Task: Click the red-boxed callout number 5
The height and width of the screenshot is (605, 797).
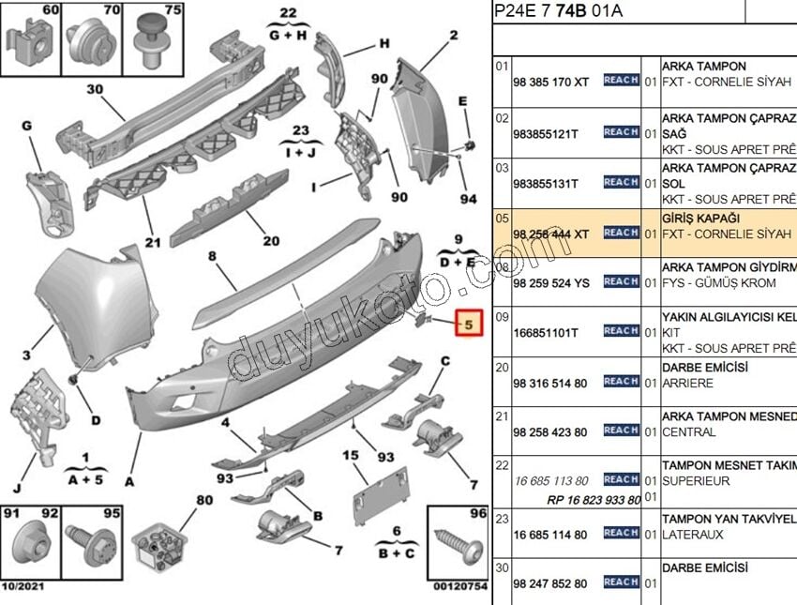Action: click(x=470, y=325)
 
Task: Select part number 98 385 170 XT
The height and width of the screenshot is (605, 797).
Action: click(x=551, y=83)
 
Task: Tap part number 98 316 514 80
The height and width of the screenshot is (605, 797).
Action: click(x=550, y=383)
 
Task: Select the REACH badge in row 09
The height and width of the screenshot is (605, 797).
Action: click(x=621, y=331)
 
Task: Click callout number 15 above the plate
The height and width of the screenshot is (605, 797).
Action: click(x=351, y=456)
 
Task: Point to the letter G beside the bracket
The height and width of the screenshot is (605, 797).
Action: click(x=26, y=126)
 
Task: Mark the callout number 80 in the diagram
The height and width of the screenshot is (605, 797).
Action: click(x=204, y=499)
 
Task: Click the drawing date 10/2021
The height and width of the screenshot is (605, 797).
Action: click(x=25, y=586)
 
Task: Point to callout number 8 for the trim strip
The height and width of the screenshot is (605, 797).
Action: click(x=212, y=255)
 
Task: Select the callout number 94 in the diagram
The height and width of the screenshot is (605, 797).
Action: click(x=468, y=199)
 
